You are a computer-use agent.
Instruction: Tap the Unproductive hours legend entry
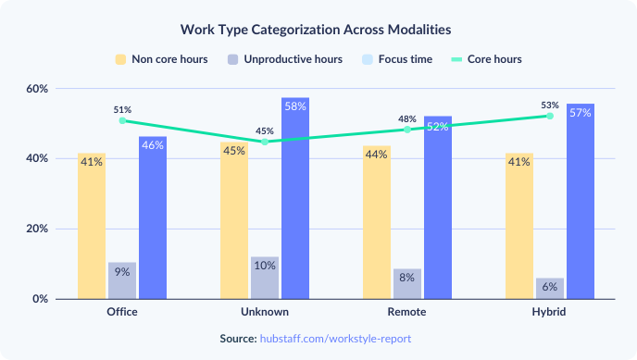pos(284,59)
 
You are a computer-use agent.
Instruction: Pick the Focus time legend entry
pos(399,59)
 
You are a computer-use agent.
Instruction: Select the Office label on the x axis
pos(121,312)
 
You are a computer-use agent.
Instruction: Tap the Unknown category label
pos(264,312)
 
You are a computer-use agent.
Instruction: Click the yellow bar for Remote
pos(377,222)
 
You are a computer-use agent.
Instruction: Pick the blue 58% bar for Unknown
pos(295,199)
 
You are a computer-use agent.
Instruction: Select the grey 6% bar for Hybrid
pos(550,289)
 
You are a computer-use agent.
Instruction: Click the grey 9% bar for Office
pos(122,280)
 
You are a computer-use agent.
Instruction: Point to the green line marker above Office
pos(122,120)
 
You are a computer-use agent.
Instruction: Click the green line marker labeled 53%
pos(550,116)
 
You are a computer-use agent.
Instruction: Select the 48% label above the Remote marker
pos(407,118)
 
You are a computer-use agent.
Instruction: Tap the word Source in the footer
pos(236,339)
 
